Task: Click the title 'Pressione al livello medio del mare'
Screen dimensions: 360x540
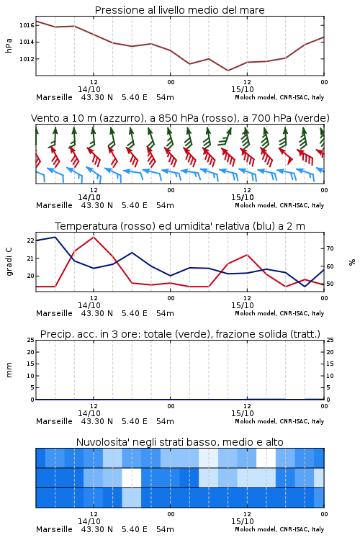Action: pos(179,10)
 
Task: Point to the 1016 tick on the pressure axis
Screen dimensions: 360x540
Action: pos(26,25)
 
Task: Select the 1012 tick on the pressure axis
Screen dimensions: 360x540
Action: pos(26,59)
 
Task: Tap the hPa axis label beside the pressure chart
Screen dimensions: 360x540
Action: pos(9,45)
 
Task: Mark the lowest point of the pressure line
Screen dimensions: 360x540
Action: pos(228,71)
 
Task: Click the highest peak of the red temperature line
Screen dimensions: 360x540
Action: pos(94,237)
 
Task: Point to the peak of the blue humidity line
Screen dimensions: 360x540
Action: pos(55,237)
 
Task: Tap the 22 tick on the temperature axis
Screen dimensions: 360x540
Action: pos(31,240)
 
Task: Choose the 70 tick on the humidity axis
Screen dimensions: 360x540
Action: pos(330,248)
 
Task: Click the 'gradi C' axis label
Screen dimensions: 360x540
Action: pos(9,261)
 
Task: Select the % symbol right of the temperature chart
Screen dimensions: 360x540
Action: pos(352,262)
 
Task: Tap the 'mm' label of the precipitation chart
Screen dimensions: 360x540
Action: pos(9,369)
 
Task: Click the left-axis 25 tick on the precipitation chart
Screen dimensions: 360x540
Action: pos(31,340)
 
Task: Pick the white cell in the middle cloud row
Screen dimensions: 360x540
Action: pos(132,477)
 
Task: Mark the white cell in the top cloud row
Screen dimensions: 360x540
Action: pos(266,458)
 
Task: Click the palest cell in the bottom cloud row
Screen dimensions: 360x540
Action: pos(132,498)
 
